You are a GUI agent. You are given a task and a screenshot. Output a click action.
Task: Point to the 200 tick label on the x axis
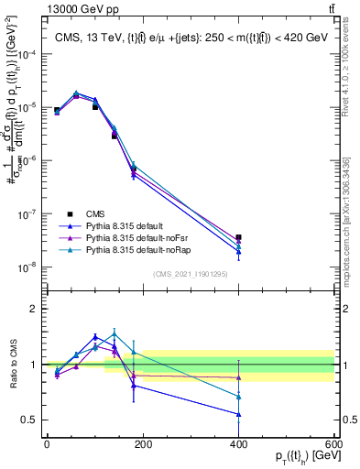(143, 444)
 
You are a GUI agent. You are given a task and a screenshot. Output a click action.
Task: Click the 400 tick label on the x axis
(238, 444)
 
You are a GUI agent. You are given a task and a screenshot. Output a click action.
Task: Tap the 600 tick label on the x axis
(333, 444)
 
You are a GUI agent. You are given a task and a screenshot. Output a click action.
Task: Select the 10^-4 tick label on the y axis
(26, 54)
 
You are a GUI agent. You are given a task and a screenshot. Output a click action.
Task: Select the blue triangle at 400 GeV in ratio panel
(238, 414)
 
